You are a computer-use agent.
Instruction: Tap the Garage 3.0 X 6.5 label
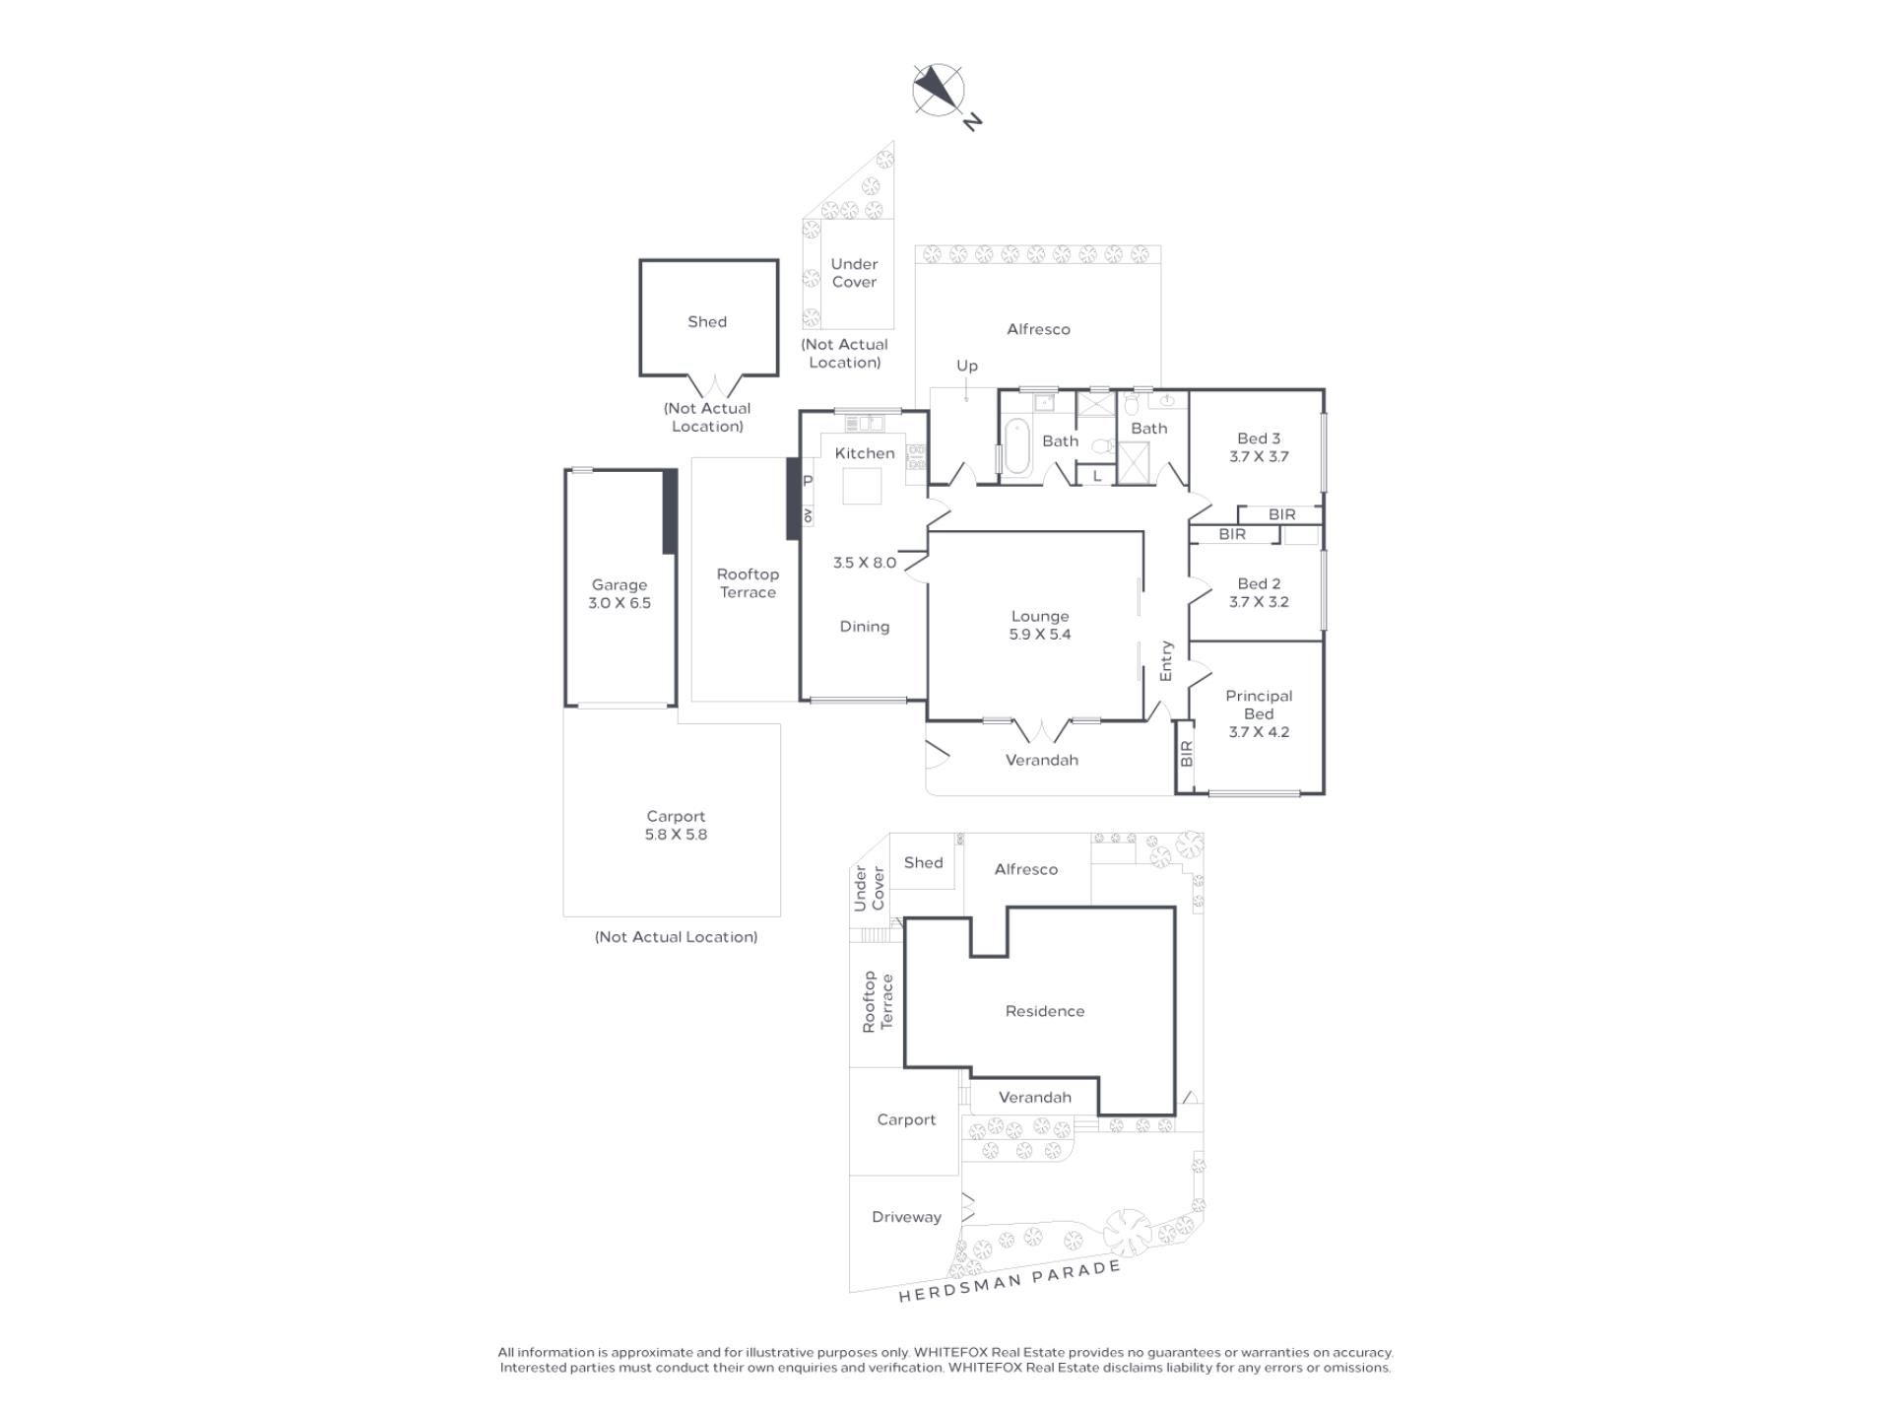(619, 593)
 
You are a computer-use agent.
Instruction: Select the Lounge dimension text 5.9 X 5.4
(1040, 635)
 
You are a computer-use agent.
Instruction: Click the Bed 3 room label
(1259, 439)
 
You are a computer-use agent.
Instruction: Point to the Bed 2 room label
(1259, 583)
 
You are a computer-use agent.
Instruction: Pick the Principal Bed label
(1259, 705)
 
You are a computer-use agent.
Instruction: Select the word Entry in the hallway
(1166, 661)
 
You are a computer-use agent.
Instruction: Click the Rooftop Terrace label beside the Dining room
(748, 583)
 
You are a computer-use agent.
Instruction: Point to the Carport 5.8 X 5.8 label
(676, 825)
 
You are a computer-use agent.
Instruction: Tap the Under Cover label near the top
(854, 273)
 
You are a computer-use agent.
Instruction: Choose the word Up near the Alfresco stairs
(967, 367)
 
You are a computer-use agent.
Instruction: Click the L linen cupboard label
(1096, 476)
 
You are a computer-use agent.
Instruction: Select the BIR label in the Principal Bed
(1186, 754)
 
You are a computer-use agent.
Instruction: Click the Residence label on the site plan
(1044, 1011)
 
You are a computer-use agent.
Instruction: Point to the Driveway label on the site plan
(906, 1217)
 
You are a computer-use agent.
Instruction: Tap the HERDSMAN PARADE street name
(1010, 1281)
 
